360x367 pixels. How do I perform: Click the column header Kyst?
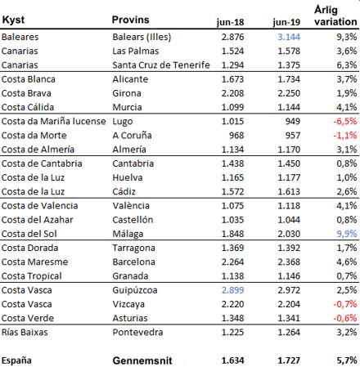pos(13,20)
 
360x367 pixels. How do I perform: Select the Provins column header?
pos(131,20)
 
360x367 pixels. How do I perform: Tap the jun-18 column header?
pos(231,22)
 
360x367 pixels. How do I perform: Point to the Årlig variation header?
pos(335,16)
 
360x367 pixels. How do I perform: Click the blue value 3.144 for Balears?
pos(289,37)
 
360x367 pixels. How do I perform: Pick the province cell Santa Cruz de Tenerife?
pos(161,65)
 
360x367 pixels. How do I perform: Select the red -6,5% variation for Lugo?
pos(345,121)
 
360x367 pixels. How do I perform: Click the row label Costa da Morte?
pos(34,136)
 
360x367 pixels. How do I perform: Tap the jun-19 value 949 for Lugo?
pos(293,121)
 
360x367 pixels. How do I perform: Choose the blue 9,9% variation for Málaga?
pos(347,234)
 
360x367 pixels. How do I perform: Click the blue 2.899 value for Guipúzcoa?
pos(232,290)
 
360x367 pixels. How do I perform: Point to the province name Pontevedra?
pos(137,332)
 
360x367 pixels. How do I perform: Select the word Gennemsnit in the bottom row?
pos(142,360)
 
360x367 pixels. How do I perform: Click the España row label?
pos(16,360)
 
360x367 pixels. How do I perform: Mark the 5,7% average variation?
pos(347,360)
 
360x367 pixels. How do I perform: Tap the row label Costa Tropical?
pos(32,276)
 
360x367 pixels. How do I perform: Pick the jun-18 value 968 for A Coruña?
pos(236,136)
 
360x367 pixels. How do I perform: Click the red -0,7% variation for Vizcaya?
pos(345,304)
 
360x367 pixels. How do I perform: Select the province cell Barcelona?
pos(133,262)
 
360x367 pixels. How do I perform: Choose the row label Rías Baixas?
pos(25,332)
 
